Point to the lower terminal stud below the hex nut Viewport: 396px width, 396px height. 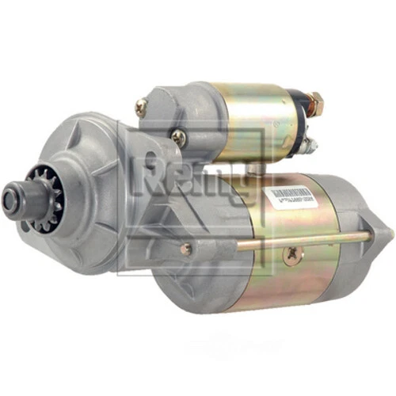pos(310,144)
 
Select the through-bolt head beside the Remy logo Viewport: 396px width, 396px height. pos(185,249)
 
